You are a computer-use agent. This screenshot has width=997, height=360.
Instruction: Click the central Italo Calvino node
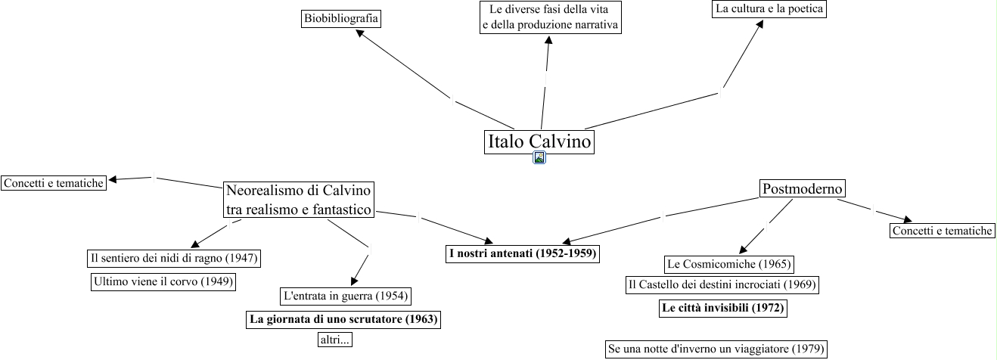tap(539, 142)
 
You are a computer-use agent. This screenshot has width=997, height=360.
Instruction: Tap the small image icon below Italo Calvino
tap(539, 157)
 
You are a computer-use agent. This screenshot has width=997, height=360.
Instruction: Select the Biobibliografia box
tap(341, 18)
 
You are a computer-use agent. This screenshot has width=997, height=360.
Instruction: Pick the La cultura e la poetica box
tap(769, 9)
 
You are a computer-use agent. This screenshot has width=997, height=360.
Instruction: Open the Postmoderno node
tap(803, 189)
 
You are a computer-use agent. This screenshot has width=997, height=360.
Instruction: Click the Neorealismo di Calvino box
tap(300, 200)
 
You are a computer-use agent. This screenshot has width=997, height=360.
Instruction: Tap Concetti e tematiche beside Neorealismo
tap(53, 183)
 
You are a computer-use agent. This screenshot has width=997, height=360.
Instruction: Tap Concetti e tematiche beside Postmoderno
tap(942, 231)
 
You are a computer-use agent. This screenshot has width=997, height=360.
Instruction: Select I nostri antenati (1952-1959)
tap(523, 253)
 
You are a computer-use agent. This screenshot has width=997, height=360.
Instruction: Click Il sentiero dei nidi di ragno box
tap(174, 258)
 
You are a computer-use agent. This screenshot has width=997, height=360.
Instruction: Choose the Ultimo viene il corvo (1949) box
tap(163, 282)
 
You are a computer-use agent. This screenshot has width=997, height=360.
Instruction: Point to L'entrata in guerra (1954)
tap(346, 295)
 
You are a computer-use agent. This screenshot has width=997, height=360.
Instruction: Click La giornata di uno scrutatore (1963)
tap(343, 318)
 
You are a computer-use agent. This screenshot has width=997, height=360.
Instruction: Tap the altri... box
tap(335, 340)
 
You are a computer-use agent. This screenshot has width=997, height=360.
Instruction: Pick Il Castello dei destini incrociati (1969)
tap(722, 285)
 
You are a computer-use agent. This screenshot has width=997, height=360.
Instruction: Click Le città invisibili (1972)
tap(722, 308)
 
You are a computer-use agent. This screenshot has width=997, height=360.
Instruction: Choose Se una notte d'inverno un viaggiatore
tap(716, 349)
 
